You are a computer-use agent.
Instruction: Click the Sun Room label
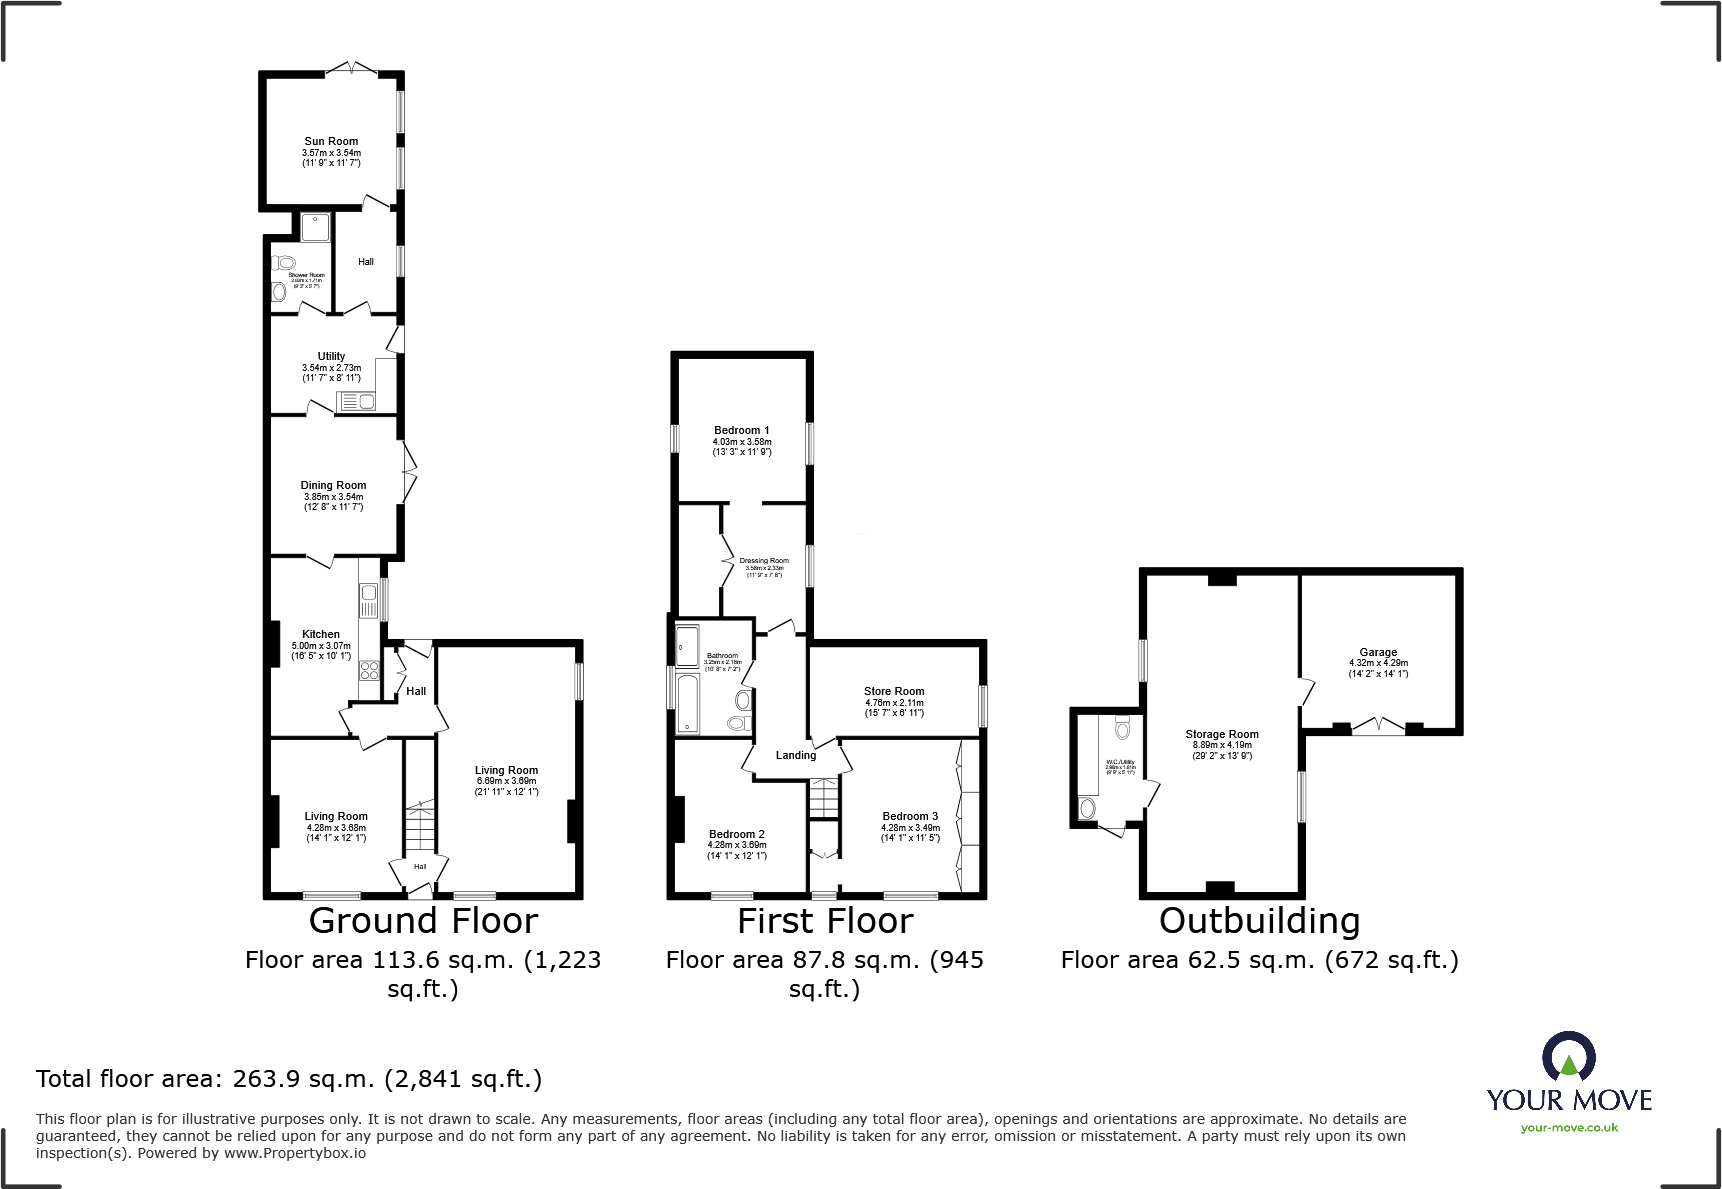click(331, 141)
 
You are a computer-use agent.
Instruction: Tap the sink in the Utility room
click(356, 402)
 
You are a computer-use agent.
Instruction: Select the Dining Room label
click(333, 485)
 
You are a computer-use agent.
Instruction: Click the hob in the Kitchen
click(369, 670)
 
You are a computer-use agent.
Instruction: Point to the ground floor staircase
click(420, 830)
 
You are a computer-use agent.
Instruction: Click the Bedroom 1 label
click(741, 430)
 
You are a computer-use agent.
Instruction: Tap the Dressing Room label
click(764, 561)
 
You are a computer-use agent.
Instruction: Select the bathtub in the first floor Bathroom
click(688, 704)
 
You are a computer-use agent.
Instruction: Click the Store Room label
click(894, 691)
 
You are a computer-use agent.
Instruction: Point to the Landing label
click(796, 755)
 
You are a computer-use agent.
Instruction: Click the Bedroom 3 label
click(910, 816)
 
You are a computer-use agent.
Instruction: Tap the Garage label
click(1378, 652)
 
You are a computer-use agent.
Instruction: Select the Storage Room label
click(1222, 734)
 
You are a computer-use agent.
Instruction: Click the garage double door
click(1378, 726)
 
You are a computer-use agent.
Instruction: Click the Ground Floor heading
click(423, 920)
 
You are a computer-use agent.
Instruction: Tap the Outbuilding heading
click(1259, 920)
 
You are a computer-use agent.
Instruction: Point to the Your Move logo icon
click(1568, 1057)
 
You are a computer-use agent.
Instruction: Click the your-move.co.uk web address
click(1569, 1128)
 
